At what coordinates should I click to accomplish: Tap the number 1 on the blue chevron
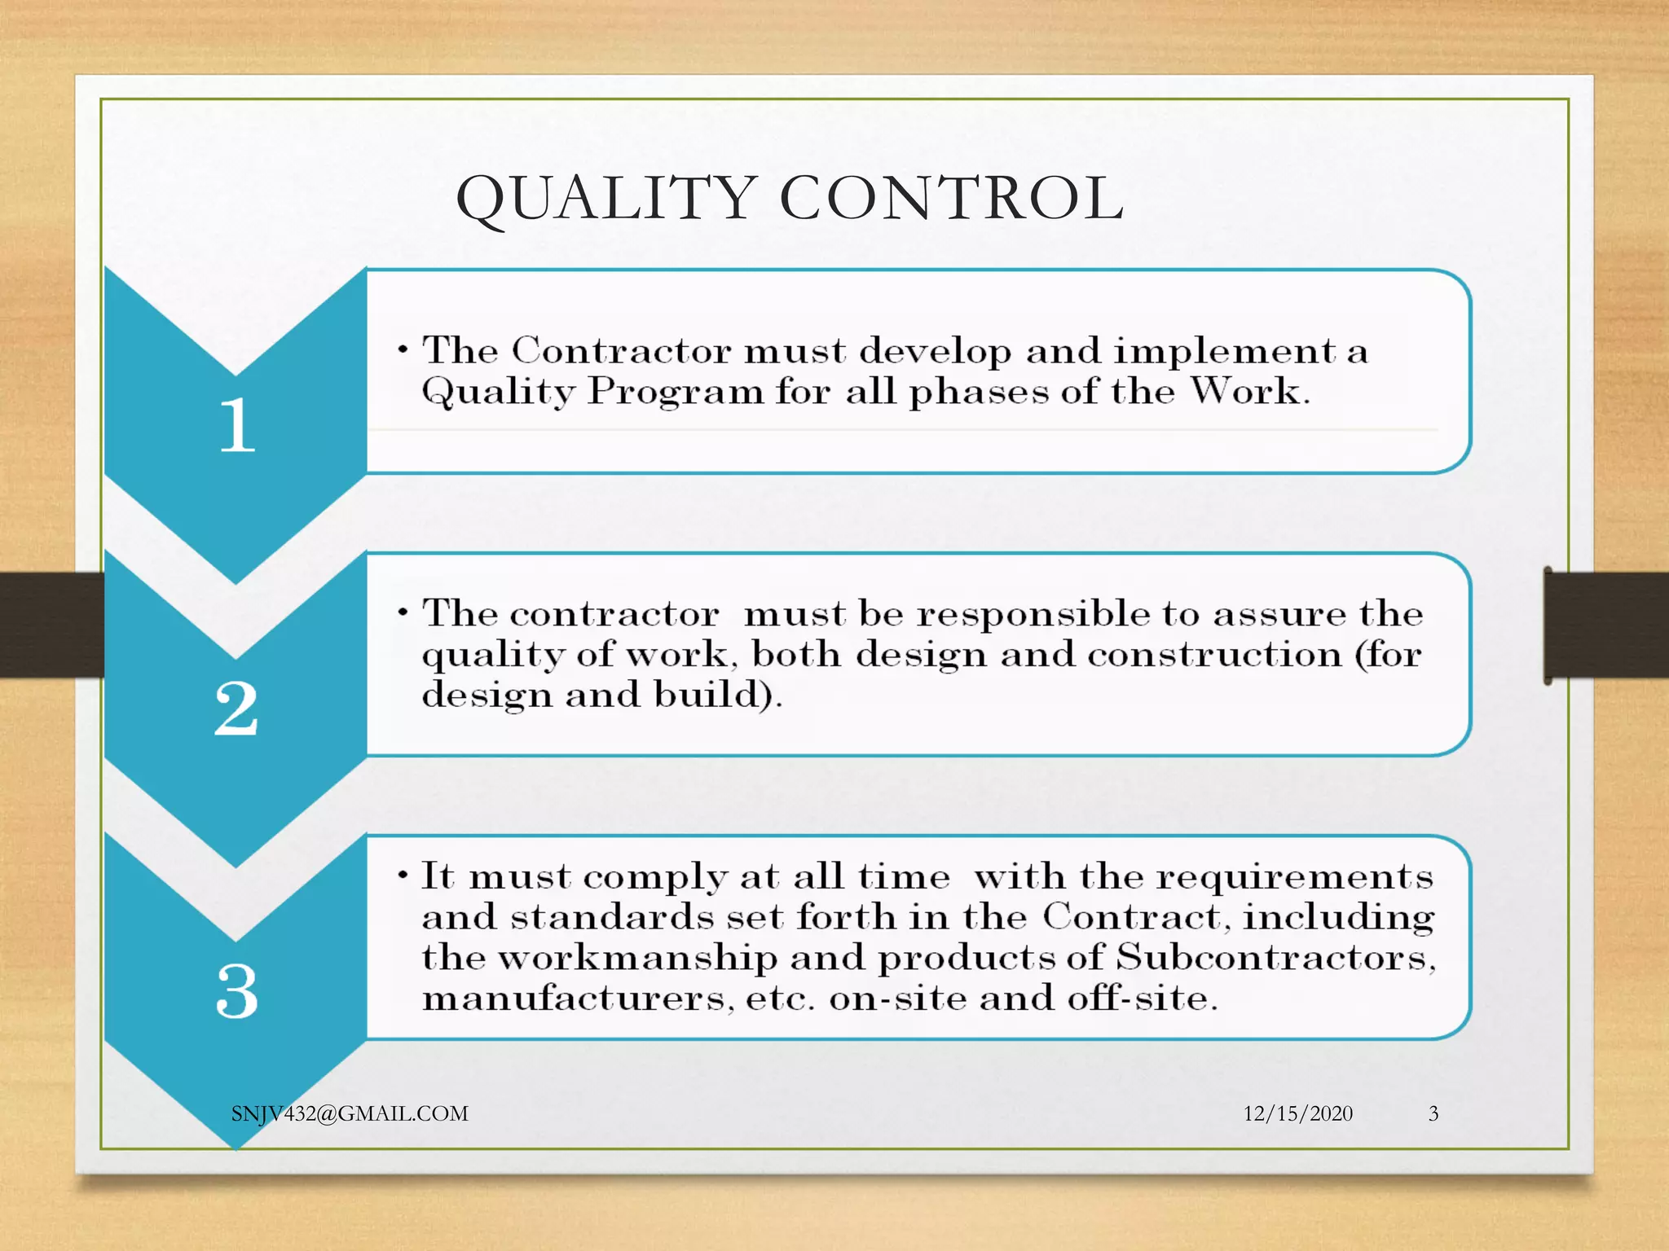tap(237, 424)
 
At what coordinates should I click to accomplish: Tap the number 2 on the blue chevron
tap(236, 708)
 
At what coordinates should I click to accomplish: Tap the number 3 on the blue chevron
tap(237, 991)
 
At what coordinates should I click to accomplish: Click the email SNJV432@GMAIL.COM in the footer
tap(350, 1113)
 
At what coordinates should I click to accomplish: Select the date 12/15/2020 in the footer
tap(1297, 1113)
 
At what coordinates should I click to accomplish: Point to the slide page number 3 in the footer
tap(1433, 1113)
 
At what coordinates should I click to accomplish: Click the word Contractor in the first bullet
tap(621, 351)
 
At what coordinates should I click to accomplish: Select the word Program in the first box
tap(676, 392)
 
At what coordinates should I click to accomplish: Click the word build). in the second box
tap(718, 695)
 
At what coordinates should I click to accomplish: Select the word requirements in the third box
tap(1295, 876)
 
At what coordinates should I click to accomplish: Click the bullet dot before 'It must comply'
tap(403, 876)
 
